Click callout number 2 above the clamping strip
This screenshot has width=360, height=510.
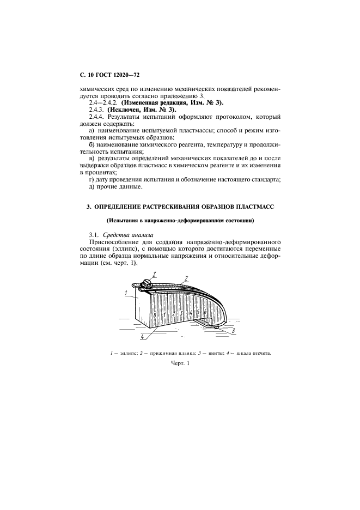[186, 278]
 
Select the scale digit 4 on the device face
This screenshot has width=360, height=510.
[190, 313]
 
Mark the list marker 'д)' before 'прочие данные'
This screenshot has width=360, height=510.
[91, 187]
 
